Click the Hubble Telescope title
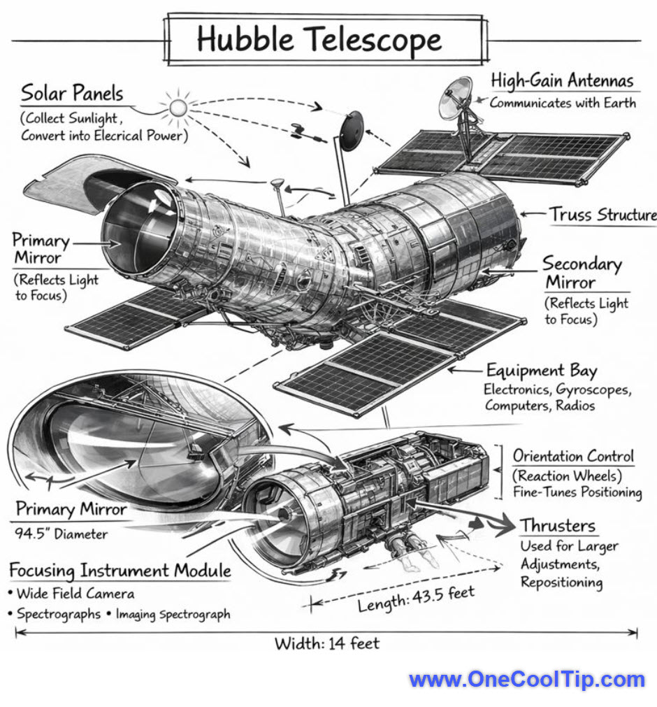[319, 40]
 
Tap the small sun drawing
[178, 107]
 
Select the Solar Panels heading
[71, 93]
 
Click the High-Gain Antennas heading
[562, 80]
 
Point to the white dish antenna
[455, 99]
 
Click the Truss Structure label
[602, 214]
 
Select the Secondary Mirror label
[582, 273]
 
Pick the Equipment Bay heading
[542, 371]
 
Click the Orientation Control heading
[573, 457]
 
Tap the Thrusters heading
[557, 525]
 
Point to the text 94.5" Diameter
[62, 534]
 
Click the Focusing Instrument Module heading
[120, 570]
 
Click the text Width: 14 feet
[326, 643]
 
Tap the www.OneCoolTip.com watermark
[526, 679]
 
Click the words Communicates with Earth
[563, 103]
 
